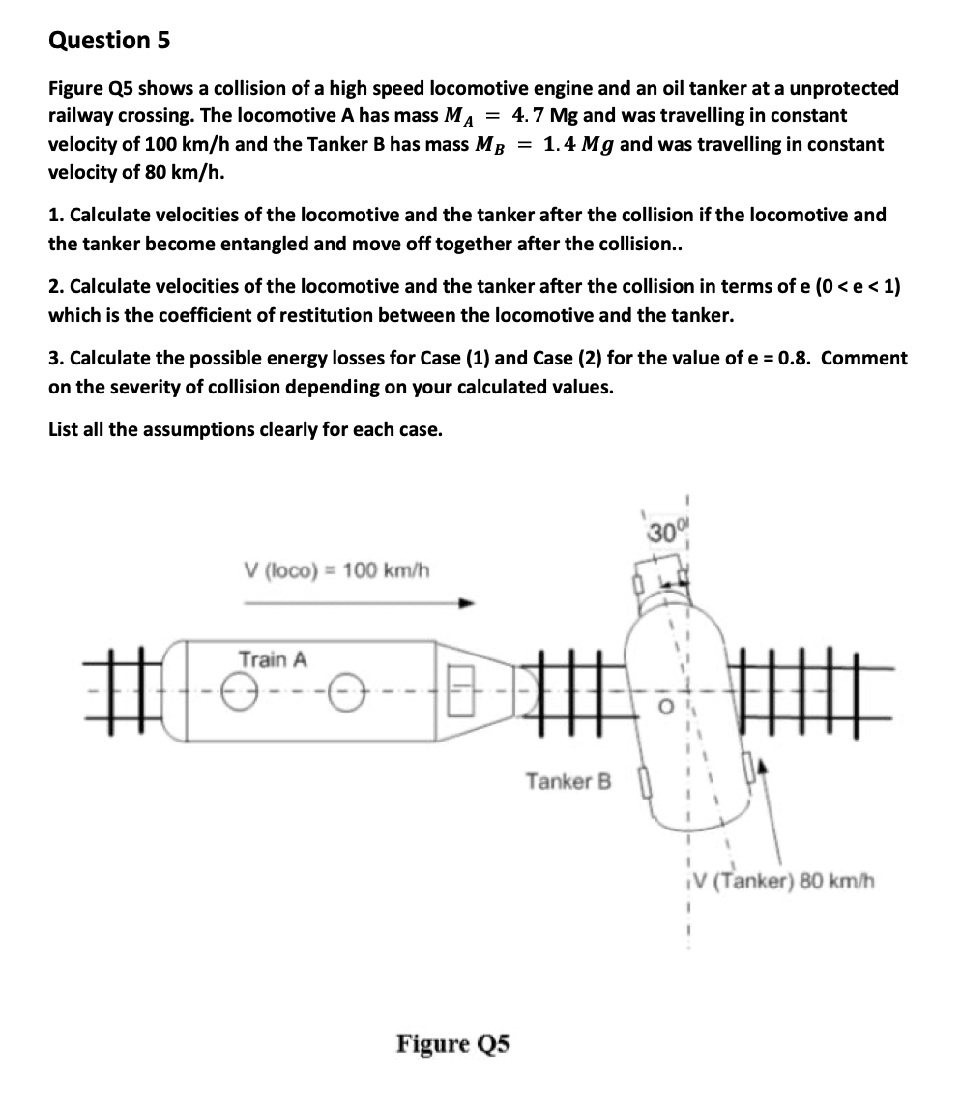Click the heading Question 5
tap(109, 41)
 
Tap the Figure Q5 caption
tap(452, 1044)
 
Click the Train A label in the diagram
tap(273, 660)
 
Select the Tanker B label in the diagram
tap(569, 781)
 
